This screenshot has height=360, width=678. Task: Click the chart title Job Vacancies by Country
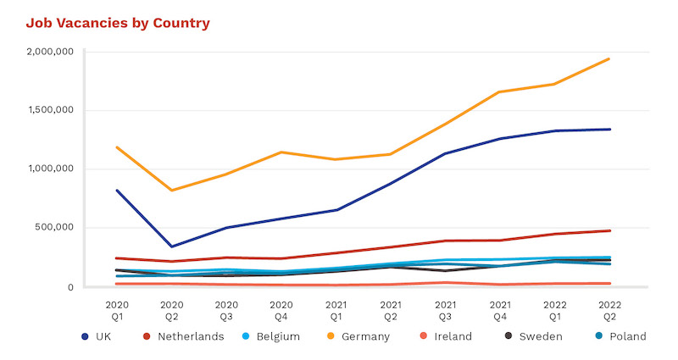point(117,23)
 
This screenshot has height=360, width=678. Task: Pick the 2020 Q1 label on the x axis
point(117,309)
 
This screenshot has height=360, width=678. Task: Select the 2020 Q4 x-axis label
point(281,309)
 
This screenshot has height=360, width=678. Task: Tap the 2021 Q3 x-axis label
point(445,309)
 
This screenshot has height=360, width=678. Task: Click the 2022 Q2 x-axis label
point(609,309)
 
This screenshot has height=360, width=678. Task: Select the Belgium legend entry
point(270,336)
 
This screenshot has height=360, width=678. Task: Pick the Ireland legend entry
point(447,336)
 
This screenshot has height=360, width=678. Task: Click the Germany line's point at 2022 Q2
point(609,59)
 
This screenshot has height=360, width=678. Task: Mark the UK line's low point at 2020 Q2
point(172,246)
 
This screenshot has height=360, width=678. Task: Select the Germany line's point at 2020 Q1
point(117,147)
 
